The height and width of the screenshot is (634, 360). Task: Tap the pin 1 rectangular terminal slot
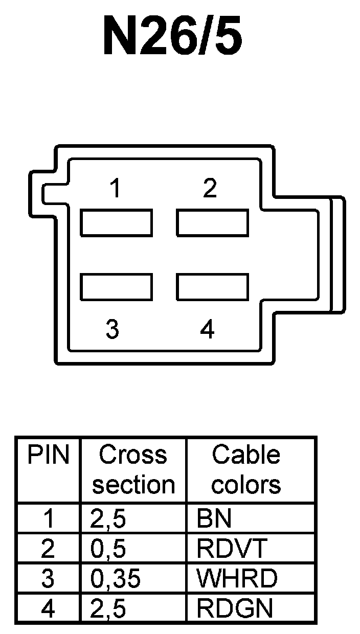click(117, 223)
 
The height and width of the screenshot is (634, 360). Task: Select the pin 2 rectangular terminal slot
click(213, 223)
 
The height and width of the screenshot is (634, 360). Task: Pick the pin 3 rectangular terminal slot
click(117, 287)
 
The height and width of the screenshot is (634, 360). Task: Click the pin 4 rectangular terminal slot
click(213, 287)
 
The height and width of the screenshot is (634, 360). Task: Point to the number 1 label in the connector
click(116, 189)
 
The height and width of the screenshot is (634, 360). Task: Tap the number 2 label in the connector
click(210, 189)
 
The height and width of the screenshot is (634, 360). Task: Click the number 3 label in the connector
click(112, 329)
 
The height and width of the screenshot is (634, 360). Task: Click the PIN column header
click(48, 455)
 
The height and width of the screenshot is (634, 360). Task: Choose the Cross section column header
click(133, 469)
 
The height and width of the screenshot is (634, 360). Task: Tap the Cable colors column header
click(246, 469)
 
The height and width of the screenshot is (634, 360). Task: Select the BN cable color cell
click(214, 519)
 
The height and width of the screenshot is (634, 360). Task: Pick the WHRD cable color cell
click(237, 579)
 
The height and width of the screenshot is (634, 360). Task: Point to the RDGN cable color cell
click(235, 608)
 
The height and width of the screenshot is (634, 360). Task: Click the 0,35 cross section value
click(115, 579)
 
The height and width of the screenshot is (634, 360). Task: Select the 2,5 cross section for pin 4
click(108, 608)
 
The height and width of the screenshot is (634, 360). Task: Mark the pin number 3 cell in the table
click(48, 579)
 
